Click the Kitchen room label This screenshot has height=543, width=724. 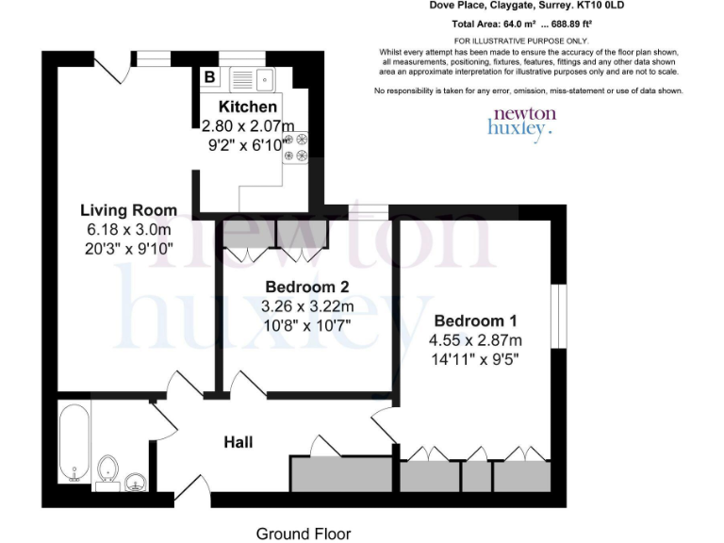[x=248, y=107]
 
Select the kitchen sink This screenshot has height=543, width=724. [x=250, y=78]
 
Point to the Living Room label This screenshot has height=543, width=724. [x=126, y=209]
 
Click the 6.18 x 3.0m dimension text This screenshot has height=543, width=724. [x=126, y=229]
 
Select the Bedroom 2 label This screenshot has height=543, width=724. [x=307, y=287]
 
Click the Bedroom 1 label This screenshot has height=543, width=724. [x=477, y=320]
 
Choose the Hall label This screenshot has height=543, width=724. [x=239, y=441]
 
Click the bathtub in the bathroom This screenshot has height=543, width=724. [x=74, y=441]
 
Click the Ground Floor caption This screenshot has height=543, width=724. [x=303, y=534]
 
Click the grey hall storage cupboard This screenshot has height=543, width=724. [x=340, y=474]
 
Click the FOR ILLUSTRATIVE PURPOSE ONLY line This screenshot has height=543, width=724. [x=520, y=41]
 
